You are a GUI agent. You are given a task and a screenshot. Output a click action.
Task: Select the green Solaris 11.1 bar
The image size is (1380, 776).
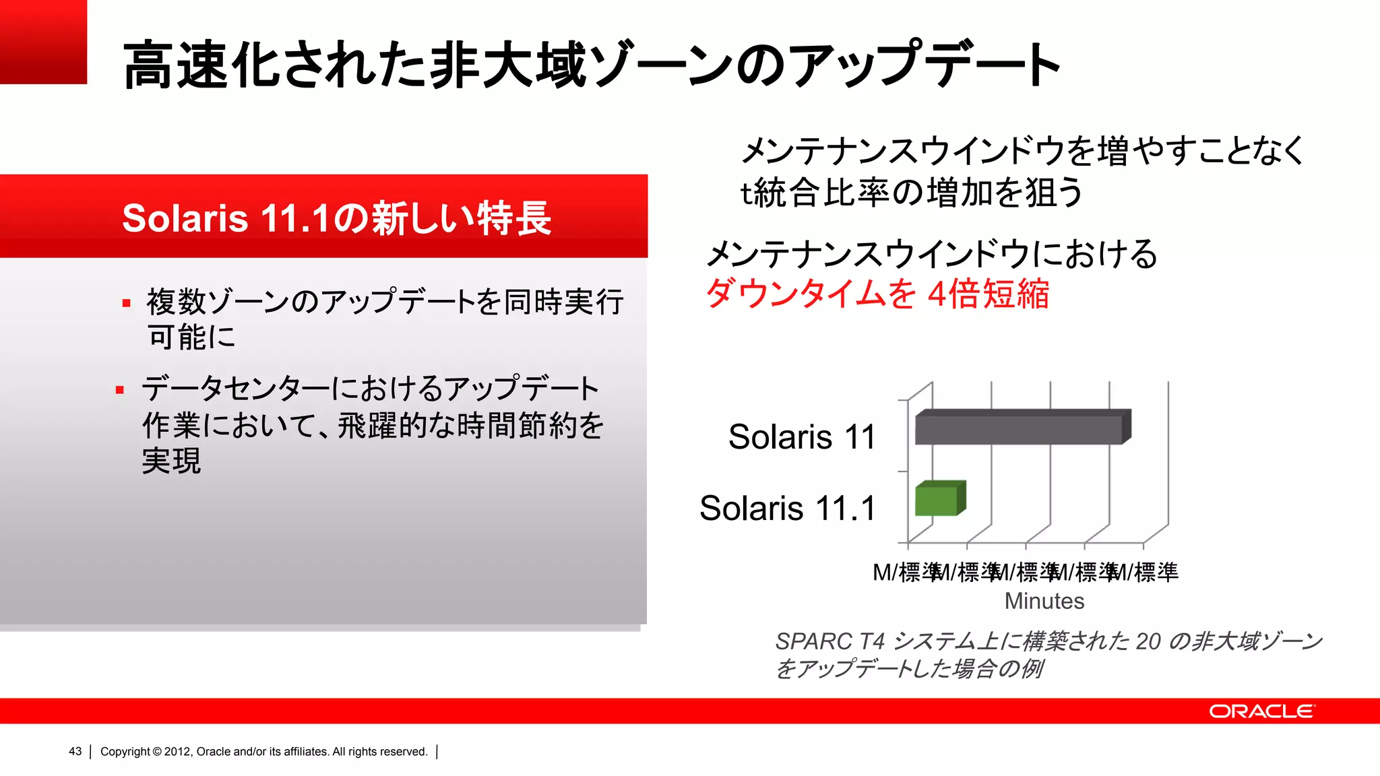click(937, 500)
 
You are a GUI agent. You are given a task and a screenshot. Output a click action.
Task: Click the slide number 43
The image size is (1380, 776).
click(75, 752)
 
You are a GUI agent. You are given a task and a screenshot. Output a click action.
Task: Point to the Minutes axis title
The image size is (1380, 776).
click(1044, 601)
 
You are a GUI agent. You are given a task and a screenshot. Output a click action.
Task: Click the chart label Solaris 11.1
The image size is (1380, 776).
click(787, 508)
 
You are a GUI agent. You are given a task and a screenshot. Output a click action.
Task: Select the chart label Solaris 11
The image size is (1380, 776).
click(801, 437)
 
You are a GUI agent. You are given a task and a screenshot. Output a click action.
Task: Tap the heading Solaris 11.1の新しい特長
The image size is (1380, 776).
click(336, 218)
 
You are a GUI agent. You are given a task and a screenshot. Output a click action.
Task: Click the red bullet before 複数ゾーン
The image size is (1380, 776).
click(126, 303)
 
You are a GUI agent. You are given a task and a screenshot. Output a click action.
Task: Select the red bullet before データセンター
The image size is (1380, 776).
click(120, 390)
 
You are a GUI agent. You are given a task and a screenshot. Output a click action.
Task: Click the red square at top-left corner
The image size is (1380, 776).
click(43, 42)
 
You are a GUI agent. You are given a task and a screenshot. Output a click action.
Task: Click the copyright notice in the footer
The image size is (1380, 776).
click(263, 752)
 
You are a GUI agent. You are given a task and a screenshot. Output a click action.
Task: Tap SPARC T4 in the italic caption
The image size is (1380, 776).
click(829, 641)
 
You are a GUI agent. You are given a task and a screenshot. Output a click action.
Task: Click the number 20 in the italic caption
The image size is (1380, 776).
click(1148, 641)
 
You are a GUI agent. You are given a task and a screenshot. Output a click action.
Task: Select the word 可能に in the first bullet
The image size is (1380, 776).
click(191, 337)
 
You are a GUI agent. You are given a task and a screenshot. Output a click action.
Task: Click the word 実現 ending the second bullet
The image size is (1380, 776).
click(171, 461)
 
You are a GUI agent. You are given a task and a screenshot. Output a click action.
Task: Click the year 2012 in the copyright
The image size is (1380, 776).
click(177, 752)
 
